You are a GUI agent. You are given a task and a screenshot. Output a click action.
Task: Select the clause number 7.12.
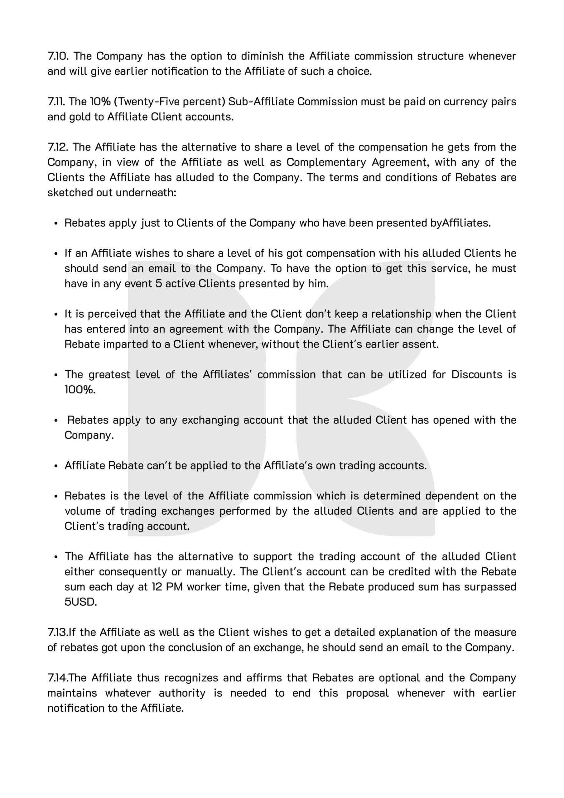click(x=58, y=147)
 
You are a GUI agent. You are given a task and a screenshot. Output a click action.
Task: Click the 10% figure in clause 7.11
click(x=100, y=102)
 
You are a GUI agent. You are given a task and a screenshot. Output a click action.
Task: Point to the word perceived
click(x=112, y=314)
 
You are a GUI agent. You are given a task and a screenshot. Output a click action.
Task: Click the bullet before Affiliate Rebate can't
click(x=55, y=466)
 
